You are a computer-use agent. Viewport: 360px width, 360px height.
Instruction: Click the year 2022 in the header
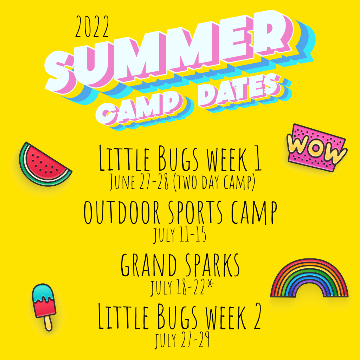point(92,27)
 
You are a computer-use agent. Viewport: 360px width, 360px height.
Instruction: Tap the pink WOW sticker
point(317,147)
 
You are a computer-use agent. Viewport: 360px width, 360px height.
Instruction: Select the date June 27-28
point(139,182)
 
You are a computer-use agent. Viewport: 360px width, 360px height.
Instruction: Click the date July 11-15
point(180,234)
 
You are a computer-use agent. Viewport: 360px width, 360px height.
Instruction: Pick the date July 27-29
point(182,340)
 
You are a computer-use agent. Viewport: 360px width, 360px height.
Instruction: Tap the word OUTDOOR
point(122,212)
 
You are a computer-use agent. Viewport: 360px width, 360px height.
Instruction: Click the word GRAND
point(149,265)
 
